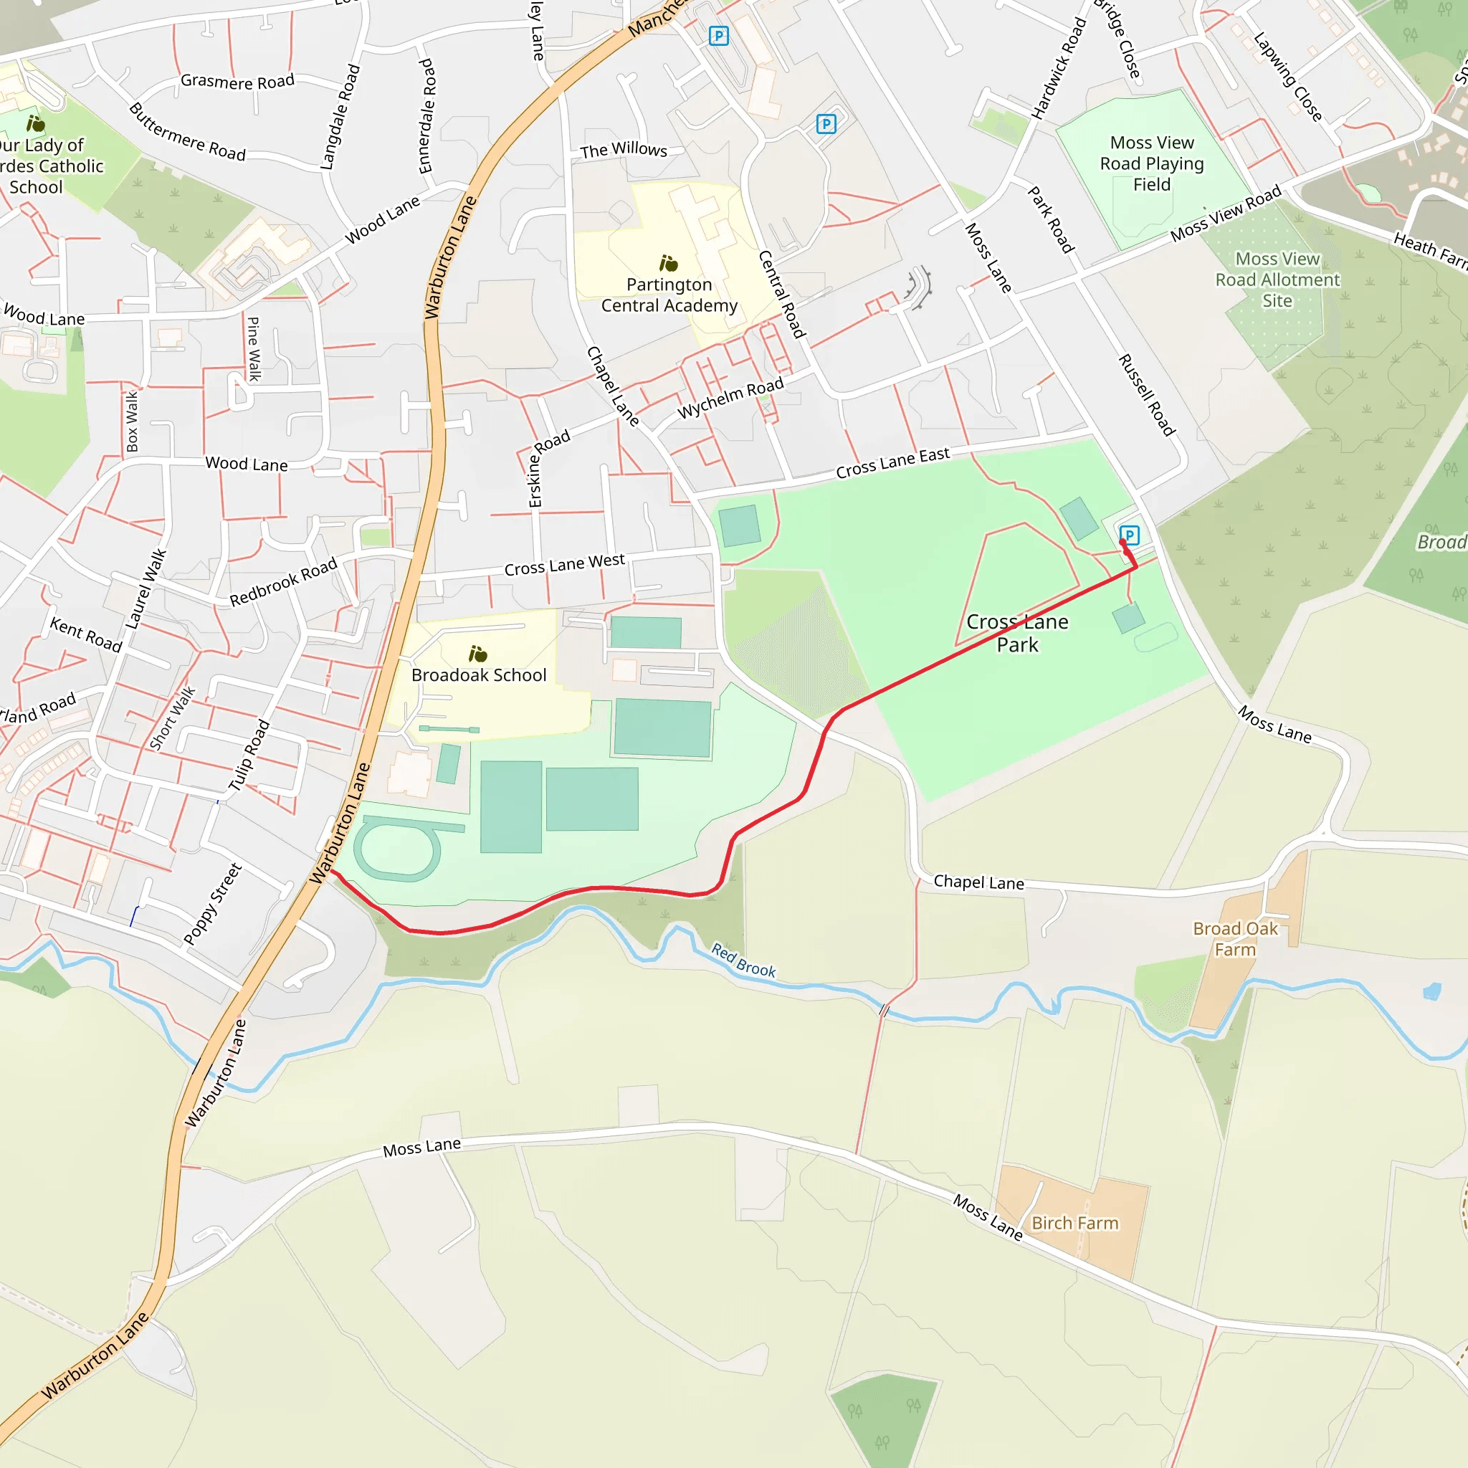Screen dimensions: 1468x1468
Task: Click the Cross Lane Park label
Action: coord(1016,633)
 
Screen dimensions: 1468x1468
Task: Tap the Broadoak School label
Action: coord(479,675)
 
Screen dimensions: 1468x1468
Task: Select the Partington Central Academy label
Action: coord(669,295)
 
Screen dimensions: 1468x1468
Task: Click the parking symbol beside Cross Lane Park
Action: coord(1130,535)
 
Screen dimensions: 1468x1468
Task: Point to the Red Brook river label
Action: coord(743,961)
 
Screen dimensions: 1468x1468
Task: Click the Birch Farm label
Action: coord(1074,1223)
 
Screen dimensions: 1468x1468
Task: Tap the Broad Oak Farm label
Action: coord(1235,938)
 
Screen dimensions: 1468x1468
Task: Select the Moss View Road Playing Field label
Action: coord(1152,163)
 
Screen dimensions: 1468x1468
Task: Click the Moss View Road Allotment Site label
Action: coord(1277,280)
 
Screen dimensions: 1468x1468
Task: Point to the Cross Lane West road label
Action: coord(564,565)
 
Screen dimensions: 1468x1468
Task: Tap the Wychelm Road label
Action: coord(730,398)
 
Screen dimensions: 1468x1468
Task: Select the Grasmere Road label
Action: coord(237,81)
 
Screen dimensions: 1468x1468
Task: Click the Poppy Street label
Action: coord(213,903)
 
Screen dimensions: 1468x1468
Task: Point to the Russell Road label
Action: coord(1147,395)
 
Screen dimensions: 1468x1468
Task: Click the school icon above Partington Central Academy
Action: coord(668,264)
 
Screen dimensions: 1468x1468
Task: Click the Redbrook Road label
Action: coord(282,582)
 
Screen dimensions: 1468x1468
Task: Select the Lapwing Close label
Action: coord(1288,76)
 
